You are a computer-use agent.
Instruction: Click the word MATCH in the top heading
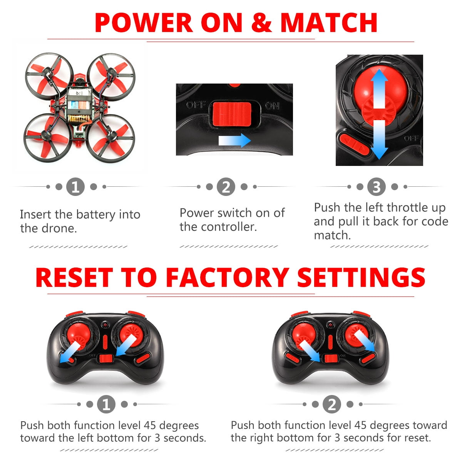[329, 23]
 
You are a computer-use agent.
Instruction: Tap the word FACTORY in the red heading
[227, 277]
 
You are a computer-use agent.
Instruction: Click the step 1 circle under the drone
[75, 187]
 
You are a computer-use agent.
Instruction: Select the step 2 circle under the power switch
[226, 187]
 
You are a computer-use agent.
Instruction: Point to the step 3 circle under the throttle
[377, 187]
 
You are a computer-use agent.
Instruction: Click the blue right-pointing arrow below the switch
[234, 141]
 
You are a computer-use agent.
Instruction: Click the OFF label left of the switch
[196, 105]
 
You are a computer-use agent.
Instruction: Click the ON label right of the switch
[272, 105]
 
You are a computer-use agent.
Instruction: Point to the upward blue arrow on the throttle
[380, 87]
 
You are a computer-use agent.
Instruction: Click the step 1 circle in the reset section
[106, 405]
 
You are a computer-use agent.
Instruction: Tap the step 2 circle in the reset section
[332, 405]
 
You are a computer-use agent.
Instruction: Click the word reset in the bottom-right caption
[417, 438]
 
